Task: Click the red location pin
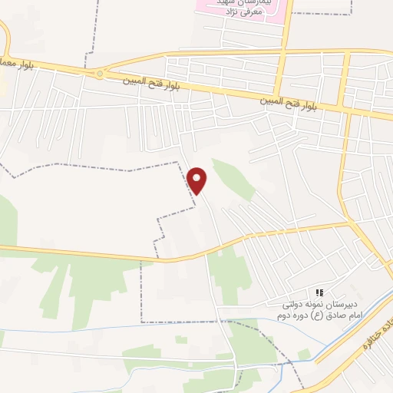(x=198, y=181)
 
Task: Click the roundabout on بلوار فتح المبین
(x=99, y=74)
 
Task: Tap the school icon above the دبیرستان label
(x=320, y=292)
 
